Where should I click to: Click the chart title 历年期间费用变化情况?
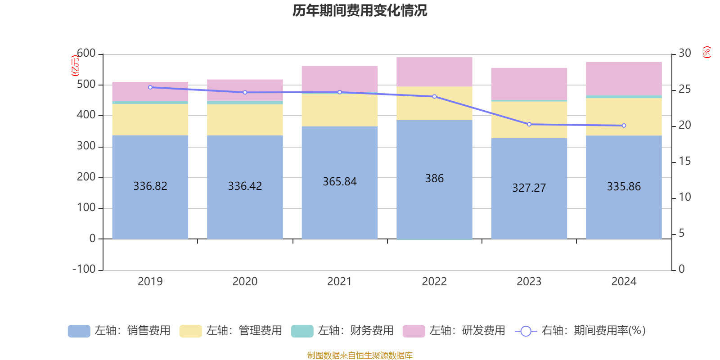pos(360,10)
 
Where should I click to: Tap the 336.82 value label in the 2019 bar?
pos(150,186)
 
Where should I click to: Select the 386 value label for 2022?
pos(434,179)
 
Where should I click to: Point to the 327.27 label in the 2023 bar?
pos(529,188)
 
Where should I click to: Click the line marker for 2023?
pos(529,124)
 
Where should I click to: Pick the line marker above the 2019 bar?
pos(150,87)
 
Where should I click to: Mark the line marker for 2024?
pos(624,126)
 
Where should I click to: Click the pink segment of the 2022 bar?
pos(434,72)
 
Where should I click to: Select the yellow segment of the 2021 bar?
pos(340,110)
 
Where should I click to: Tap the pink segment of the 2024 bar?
pos(624,78)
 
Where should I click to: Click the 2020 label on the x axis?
pos(245,282)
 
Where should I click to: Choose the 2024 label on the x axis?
pos(624,282)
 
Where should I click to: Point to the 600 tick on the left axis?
pos(86,54)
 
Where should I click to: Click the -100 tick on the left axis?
pos(84,269)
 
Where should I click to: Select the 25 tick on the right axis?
pos(684,89)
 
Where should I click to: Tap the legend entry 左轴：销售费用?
pos(119,331)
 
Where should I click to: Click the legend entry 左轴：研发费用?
pos(454,331)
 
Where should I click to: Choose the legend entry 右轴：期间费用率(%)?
pos(580,331)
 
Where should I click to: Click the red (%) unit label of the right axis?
pos(706,52)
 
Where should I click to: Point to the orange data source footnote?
pos(360,355)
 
